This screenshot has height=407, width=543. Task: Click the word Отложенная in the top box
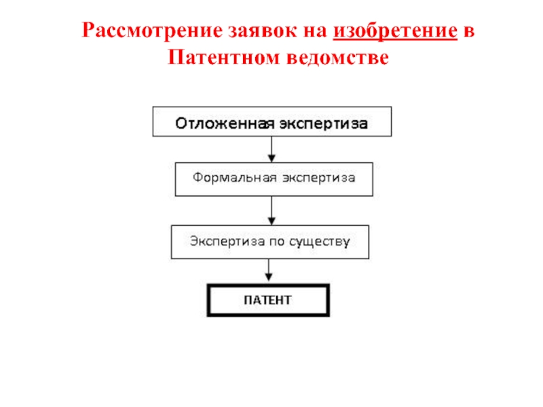tap(223, 124)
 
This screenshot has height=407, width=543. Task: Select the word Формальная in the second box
tap(234, 178)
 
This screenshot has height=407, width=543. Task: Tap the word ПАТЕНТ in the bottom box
tap(268, 300)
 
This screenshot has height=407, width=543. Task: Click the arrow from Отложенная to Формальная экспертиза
tap(271, 149)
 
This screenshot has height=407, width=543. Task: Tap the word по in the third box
tap(275, 241)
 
